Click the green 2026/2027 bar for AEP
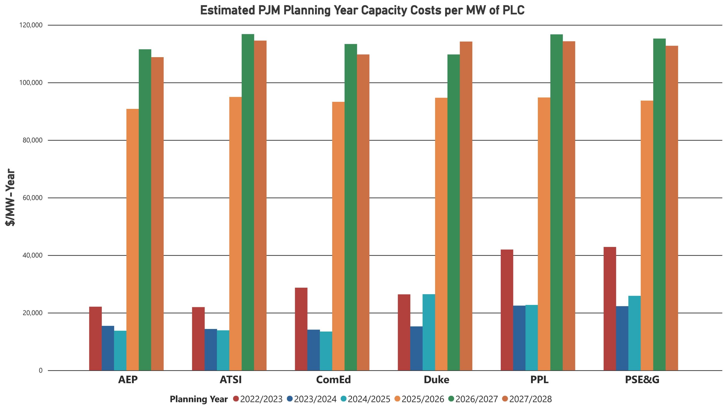click(145, 210)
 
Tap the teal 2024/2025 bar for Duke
click(428, 332)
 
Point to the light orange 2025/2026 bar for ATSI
click(235, 234)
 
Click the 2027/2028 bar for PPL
click(569, 206)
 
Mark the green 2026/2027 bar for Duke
click(453, 212)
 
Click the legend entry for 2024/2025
click(369, 399)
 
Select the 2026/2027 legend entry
click(476, 399)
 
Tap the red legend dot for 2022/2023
click(236, 399)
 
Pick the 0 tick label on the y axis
click(40, 371)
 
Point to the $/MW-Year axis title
click(10, 197)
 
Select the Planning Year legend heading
click(199, 399)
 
